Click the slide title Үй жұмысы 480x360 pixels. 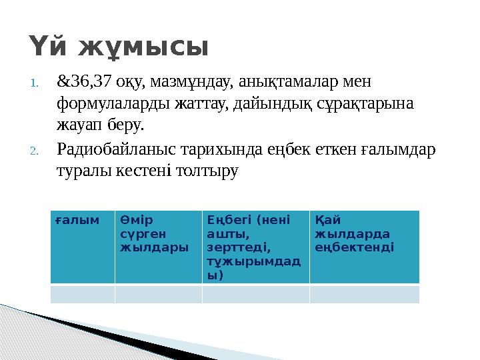coord(119,47)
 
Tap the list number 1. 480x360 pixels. coord(36,83)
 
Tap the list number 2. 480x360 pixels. coord(36,150)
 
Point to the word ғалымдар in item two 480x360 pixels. coord(405,149)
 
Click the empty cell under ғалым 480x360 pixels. coord(83,294)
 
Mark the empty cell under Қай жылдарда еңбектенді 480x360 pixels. coord(364,294)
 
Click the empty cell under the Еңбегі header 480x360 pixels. coord(255,294)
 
